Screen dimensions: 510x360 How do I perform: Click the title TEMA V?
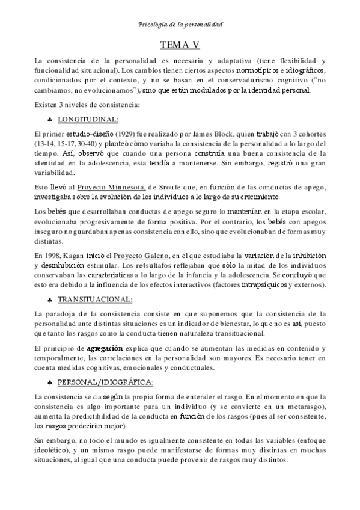[x=180, y=45]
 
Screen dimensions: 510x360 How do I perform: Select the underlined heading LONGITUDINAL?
[x=89, y=119]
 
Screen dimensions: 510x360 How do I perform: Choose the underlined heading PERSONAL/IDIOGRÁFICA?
[x=105, y=382]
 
